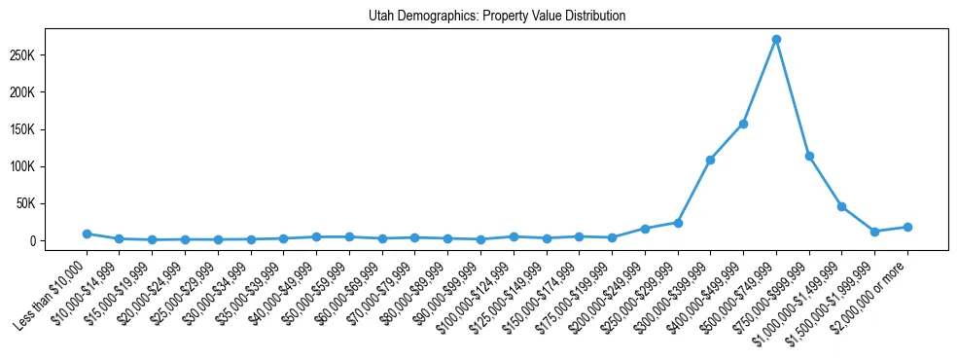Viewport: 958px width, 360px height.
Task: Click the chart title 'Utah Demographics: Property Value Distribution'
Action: coord(497,17)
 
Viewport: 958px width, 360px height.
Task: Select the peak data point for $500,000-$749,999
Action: coord(776,40)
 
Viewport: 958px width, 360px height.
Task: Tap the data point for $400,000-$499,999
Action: coord(743,124)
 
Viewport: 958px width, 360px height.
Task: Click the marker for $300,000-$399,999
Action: coord(710,160)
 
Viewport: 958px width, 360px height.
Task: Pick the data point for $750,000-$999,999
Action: coord(809,156)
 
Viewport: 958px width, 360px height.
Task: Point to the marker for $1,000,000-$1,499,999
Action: coord(841,206)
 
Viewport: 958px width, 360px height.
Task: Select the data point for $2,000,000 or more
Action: coord(907,227)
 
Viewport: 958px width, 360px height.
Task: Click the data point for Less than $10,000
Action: coord(87,234)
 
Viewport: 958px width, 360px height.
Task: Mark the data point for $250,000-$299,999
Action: coord(678,223)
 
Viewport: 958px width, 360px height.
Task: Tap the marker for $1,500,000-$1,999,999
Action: coord(874,232)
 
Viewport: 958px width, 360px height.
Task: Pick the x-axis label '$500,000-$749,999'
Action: coord(741,293)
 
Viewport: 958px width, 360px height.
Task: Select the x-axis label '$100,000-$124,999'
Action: coord(478,293)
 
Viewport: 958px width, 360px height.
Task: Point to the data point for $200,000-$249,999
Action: coord(645,229)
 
